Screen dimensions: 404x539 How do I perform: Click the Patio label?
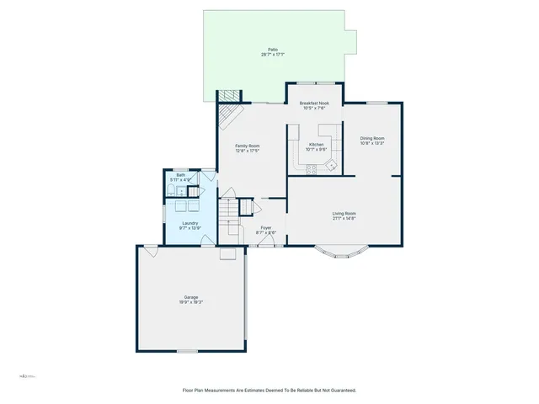pos(273,50)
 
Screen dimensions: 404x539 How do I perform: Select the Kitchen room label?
pos(316,145)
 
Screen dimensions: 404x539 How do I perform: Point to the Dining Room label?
pos(372,138)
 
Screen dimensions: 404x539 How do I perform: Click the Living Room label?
pos(344,213)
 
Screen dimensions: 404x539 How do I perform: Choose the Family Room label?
pos(247,146)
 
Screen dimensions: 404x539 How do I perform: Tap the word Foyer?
pos(265,227)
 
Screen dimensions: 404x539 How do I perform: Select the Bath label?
pos(180,175)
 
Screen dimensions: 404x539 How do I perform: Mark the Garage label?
pos(192,297)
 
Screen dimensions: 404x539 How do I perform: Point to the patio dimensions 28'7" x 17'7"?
pos(273,55)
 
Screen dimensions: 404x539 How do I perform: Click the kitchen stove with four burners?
pos(311,169)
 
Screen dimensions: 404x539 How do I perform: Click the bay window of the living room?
pos(344,250)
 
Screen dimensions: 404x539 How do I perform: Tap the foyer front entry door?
pos(268,242)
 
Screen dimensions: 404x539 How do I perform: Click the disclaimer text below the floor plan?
pos(269,390)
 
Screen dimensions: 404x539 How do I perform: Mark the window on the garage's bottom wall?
pos(187,350)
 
